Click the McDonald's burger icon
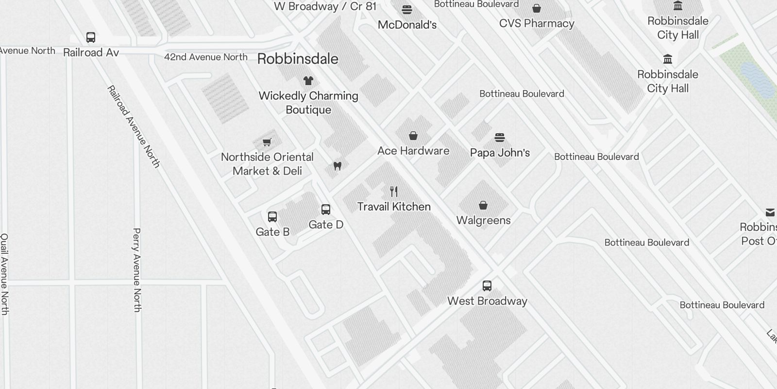(x=407, y=9)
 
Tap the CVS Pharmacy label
(x=537, y=23)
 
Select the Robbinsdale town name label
(x=298, y=59)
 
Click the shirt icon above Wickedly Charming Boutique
(x=308, y=80)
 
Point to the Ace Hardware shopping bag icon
(x=413, y=135)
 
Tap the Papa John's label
(x=500, y=153)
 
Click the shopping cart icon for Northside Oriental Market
(x=267, y=142)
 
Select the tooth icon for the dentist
(x=338, y=166)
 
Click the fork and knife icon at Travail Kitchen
(x=394, y=192)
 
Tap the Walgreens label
(x=483, y=220)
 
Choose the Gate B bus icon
(x=272, y=216)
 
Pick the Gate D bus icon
(x=326, y=209)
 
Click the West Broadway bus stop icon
(x=487, y=285)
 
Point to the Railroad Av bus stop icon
(x=91, y=37)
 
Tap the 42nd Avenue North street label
(x=206, y=57)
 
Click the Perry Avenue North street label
(x=137, y=270)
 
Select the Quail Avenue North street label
(x=4, y=274)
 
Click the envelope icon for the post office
(x=770, y=212)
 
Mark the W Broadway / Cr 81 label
(x=325, y=6)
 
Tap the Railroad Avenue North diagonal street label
(x=133, y=126)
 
